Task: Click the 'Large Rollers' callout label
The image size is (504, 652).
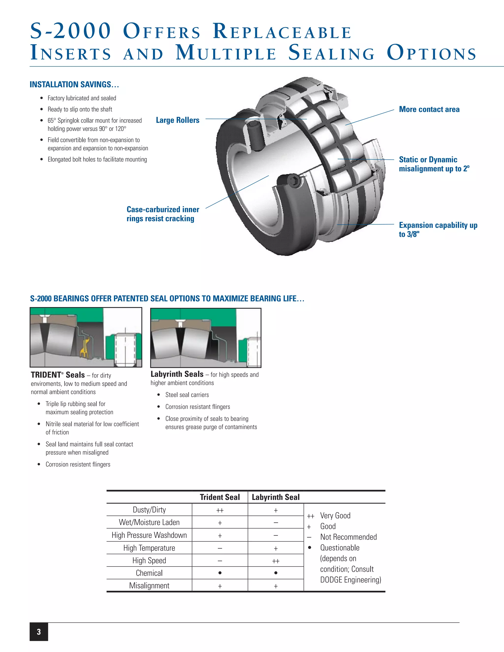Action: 178,120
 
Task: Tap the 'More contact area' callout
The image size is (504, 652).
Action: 429,109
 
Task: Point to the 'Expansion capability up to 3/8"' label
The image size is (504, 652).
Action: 438,229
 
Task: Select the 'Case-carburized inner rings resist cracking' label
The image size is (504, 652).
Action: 163,214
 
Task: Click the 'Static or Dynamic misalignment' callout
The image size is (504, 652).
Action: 434,164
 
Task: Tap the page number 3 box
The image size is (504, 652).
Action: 39,631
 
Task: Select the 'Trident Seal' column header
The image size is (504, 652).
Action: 220,497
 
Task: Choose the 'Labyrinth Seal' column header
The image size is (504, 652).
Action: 275,497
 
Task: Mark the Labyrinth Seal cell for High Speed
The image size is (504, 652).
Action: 276,561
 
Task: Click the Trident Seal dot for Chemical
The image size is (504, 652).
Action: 220,573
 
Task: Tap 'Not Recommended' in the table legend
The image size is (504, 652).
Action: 348,537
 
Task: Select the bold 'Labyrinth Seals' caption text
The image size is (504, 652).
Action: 177,374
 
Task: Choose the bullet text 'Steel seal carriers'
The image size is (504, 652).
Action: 187,395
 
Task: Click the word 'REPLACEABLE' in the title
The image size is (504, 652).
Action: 282,32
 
